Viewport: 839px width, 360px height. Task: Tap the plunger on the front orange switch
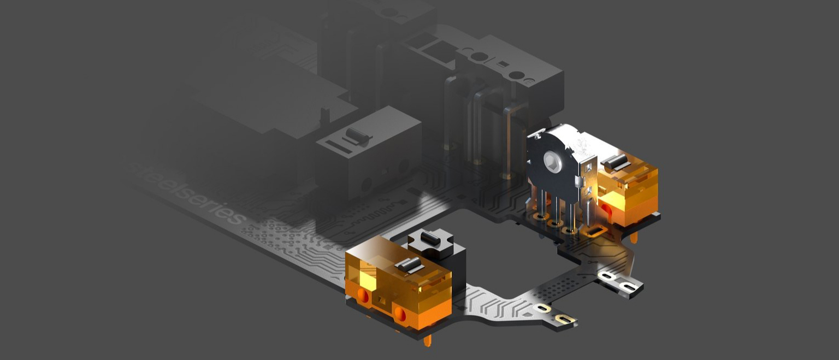pos(409,265)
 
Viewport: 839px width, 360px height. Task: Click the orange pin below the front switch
pos(427,340)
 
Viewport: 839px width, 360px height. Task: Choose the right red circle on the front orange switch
pos(400,314)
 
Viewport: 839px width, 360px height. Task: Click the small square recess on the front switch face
pos(382,299)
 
